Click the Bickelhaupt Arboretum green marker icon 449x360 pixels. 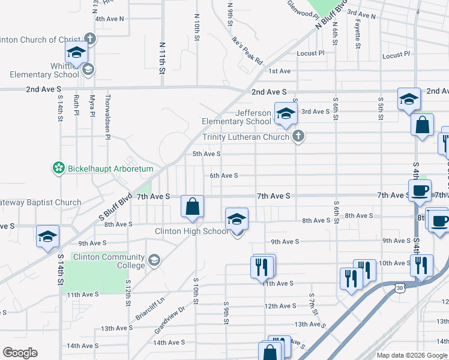point(59,169)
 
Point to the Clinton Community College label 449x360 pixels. point(109,261)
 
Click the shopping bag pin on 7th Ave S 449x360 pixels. point(192,208)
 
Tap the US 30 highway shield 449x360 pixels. point(400,288)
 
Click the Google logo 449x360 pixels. point(20,353)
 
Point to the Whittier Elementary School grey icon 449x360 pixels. point(88,70)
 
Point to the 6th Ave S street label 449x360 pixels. point(224,176)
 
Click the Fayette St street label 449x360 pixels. point(358,35)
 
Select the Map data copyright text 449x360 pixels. point(412,355)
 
